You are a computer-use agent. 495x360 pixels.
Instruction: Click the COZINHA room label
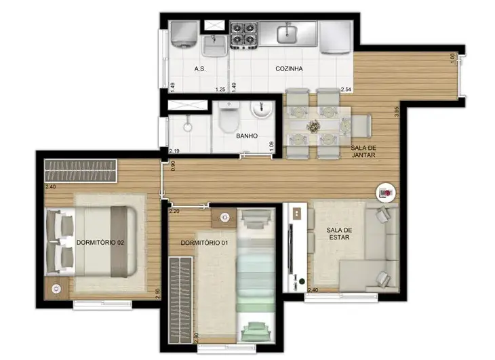click(289, 68)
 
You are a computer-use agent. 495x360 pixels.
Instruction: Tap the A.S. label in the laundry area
click(200, 68)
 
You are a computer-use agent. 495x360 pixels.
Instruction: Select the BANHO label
click(247, 136)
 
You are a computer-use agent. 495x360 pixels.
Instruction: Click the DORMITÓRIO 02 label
click(100, 243)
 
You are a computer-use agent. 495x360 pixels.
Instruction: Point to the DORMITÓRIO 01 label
click(204, 243)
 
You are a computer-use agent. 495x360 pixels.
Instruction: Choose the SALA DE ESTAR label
click(339, 233)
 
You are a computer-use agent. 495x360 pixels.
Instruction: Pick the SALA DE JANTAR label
click(363, 151)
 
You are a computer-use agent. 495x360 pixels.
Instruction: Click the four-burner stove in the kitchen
click(243, 35)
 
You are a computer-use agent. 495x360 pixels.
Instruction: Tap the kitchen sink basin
click(287, 35)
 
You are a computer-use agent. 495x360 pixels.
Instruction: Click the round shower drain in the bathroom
click(188, 127)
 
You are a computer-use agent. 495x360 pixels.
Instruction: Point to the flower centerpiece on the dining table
click(313, 126)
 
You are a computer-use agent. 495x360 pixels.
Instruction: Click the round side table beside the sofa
click(386, 192)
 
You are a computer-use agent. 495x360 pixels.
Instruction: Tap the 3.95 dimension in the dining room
click(397, 112)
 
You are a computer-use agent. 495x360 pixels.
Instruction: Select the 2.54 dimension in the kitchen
click(346, 89)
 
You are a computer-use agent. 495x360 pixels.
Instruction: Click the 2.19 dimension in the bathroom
click(174, 151)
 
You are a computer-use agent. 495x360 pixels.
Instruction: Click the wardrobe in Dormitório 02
click(81, 171)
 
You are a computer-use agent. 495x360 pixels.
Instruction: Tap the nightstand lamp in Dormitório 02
click(56, 289)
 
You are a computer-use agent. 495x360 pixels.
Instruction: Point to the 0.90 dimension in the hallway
click(173, 166)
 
